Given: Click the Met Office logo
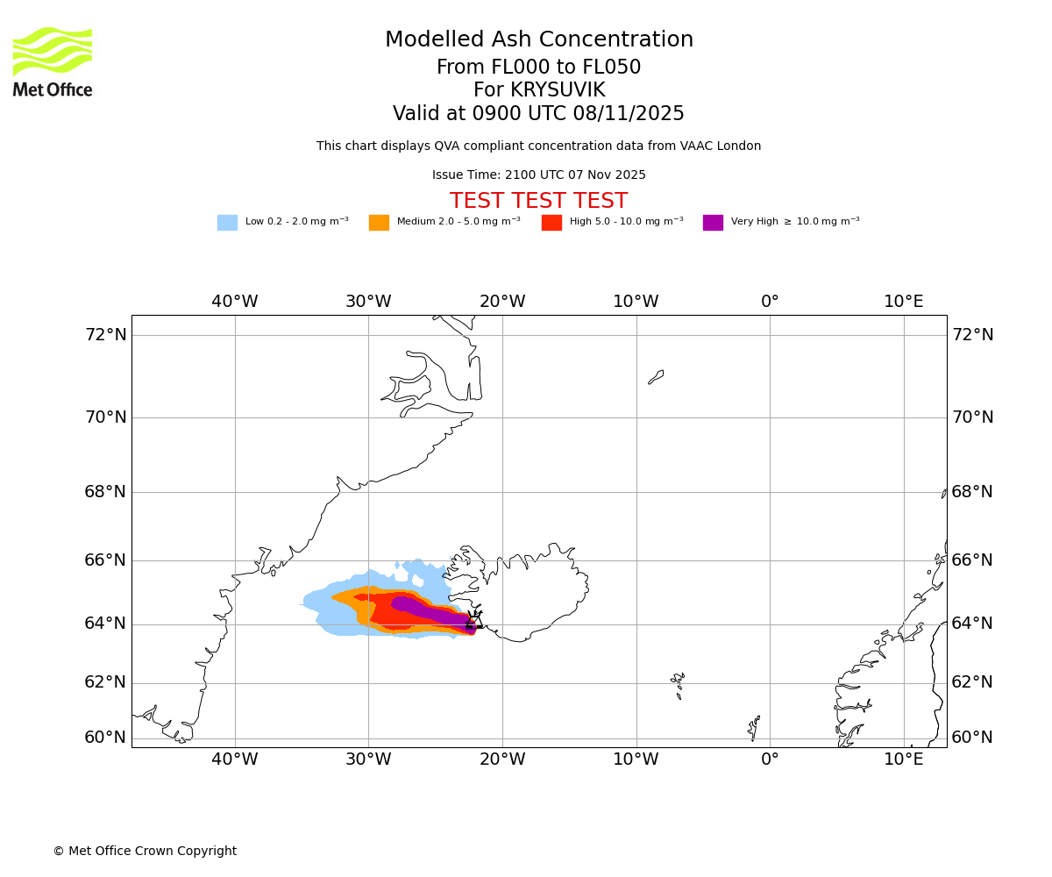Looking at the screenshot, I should [x=53, y=61].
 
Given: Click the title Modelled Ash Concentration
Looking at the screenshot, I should [x=538, y=40].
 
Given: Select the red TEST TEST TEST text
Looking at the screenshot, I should [x=538, y=202].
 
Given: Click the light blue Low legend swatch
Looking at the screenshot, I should [x=227, y=223].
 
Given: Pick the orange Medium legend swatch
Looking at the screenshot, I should [x=379, y=223].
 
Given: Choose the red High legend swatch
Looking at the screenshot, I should [x=551, y=223].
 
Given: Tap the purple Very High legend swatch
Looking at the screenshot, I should [x=713, y=223].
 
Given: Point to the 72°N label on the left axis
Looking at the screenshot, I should [x=105, y=335].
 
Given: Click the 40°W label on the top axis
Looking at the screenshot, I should [x=235, y=302].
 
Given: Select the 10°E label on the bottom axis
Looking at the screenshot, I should [x=904, y=759].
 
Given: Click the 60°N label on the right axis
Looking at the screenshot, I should [x=972, y=738].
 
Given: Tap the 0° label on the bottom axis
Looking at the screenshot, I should [x=770, y=759].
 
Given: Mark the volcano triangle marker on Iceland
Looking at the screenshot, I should [x=474, y=621].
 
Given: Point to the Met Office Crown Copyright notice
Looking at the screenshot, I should [x=145, y=852].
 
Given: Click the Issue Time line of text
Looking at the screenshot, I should [x=538, y=175].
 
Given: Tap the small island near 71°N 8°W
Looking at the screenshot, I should [x=656, y=377].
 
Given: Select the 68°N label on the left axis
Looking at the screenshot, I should [x=105, y=492].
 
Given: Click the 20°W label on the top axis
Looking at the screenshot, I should [x=502, y=302].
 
